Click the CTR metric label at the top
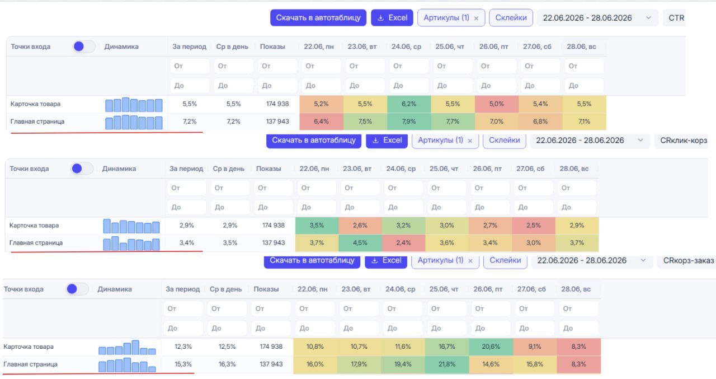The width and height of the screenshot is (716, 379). pyautogui.click(x=676, y=18)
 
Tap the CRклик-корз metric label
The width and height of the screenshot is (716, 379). pyautogui.click(x=684, y=141)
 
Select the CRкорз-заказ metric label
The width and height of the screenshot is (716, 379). pyautogui.click(x=688, y=261)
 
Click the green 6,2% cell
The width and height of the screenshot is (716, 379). pyautogui.click(x=409, y=104)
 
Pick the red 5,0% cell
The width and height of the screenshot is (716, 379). pyautogui.click(x=496, y=104)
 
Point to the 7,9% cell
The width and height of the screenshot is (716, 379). pyautogui.click(x=409, y=121)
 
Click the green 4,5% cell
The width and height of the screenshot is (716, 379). pyautogui.click(x=360, y=243)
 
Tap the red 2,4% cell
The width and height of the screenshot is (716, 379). pyautogui.click(x=403, y=243)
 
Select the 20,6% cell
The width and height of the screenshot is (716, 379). pyautogui.click(x=491, y=347)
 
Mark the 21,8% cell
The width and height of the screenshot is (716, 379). pyautogui.click(x=447, y=364)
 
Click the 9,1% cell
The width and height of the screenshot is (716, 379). pyautogui.click(x=535, y=347)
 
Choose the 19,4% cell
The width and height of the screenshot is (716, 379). pyautogui.click(x=403, y=364)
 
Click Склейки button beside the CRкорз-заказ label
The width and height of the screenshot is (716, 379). pyautogui.click(x=505, y=261)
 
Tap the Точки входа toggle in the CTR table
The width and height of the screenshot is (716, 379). pyautogui.click(x=83, y=46)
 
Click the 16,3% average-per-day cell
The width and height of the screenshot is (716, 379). pyautogui.click(x=227, y=364)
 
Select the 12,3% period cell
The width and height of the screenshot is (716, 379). pyautogui.click(x=183, y=347)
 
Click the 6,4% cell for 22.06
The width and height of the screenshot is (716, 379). pyautogui.click(x=321, y=121)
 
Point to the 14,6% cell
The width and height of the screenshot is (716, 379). pyautogui.click(x=491, y=364)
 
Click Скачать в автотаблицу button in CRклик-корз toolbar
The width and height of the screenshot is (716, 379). pyautogui.click(x=314, y=141)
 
